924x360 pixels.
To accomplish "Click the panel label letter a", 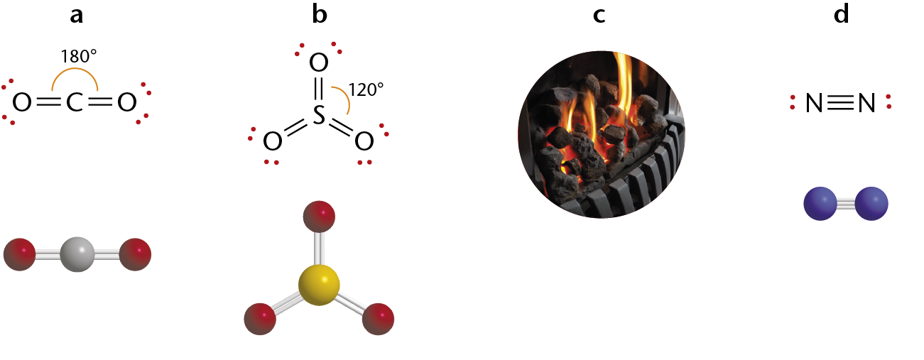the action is tap(77, 16).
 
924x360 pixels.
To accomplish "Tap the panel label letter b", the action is tap(320, 13).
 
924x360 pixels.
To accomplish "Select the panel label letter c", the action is tap(599, 16).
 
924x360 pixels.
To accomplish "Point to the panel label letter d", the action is tap(841, 13).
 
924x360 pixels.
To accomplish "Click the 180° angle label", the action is tap(79, 56).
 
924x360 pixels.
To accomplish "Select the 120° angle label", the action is tap(366, 89).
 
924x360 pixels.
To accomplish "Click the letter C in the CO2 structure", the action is tap(75, 102).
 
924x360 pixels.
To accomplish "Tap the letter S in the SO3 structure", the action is tap(319, 115).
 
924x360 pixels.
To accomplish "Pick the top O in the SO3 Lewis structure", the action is tap(319, 62).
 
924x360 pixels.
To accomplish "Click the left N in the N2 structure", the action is tap(814, 103).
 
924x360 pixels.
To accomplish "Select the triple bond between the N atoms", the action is tap(840, 103).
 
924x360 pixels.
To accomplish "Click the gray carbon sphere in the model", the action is tap(77, 254).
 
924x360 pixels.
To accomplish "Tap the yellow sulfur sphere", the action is tap(319, 285).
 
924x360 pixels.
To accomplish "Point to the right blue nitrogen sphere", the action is tap(871, 204).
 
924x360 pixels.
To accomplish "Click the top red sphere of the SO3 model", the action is tap(319, 217).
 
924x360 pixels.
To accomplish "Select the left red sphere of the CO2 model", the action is tap(19, 254).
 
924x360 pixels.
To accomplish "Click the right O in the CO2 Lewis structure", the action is tap(126, 102).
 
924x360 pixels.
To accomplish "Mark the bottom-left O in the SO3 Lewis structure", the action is tap(273, 141).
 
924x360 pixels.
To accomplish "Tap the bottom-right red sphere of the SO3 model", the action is tap(379, 319).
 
